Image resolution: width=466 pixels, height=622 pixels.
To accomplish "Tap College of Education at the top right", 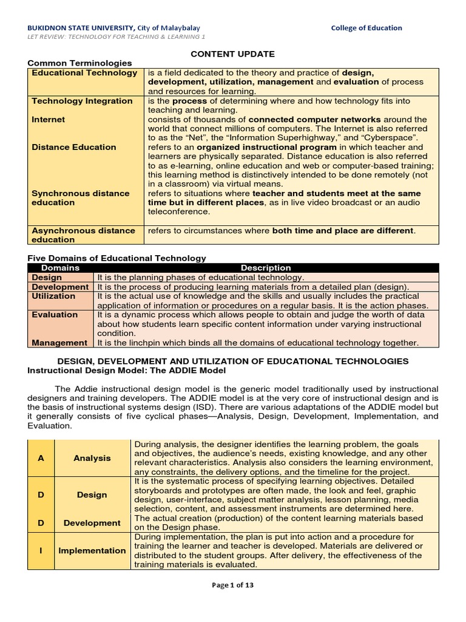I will (x=366, y=28).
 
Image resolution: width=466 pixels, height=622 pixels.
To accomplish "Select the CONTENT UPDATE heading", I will (x=233, y=54).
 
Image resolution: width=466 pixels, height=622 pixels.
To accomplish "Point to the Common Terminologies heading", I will (x=79, y=63).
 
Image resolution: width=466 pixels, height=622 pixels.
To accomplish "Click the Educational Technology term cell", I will (x=84, y=73).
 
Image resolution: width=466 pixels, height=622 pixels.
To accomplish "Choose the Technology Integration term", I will (x=82, y=101).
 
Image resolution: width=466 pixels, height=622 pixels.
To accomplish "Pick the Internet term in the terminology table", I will (x=48, y=120).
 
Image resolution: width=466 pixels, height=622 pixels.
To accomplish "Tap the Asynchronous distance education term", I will (x=83, y=235).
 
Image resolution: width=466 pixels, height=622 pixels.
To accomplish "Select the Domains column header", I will (x=59, y=268).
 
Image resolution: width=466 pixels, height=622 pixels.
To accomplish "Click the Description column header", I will (x=266, y=268).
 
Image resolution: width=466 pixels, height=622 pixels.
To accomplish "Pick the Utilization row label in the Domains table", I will (x=53, y=296).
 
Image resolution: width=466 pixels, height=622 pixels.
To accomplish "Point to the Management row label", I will (x=59, y=343).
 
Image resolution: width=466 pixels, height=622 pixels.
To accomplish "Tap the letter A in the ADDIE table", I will (x=41, y=459).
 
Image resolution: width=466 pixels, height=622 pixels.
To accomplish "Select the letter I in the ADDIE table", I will (x=41, y=550).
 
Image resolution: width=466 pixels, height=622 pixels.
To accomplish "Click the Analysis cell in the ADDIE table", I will (x=92, y=459).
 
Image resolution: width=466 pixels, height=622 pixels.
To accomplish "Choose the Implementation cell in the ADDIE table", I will (x=92, y=550).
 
